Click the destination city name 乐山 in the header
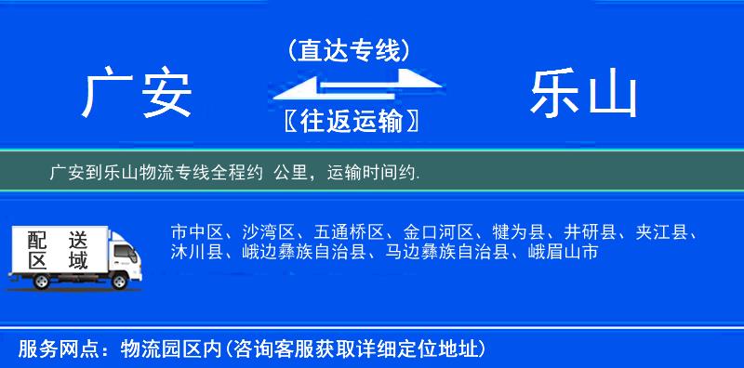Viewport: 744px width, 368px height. point(584,95)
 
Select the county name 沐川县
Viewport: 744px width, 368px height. point(193,251)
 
